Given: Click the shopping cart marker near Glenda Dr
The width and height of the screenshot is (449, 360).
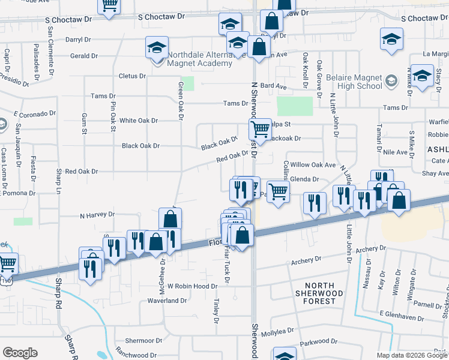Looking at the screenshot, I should click(278, 193).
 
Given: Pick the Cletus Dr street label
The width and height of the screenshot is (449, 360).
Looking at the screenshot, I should click(133, 76).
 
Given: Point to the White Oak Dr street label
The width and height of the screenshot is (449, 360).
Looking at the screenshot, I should click(139, 121).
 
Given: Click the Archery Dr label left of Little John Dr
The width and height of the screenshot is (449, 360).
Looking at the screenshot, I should click(307, 261).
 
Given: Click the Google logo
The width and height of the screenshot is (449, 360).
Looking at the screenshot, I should click(20, 353).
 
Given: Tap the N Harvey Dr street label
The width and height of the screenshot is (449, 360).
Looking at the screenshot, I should click(97, 214).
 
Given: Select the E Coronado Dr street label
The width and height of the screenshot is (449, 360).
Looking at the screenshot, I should click(35, 113).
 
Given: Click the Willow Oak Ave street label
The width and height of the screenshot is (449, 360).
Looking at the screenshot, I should click(313, 164).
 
